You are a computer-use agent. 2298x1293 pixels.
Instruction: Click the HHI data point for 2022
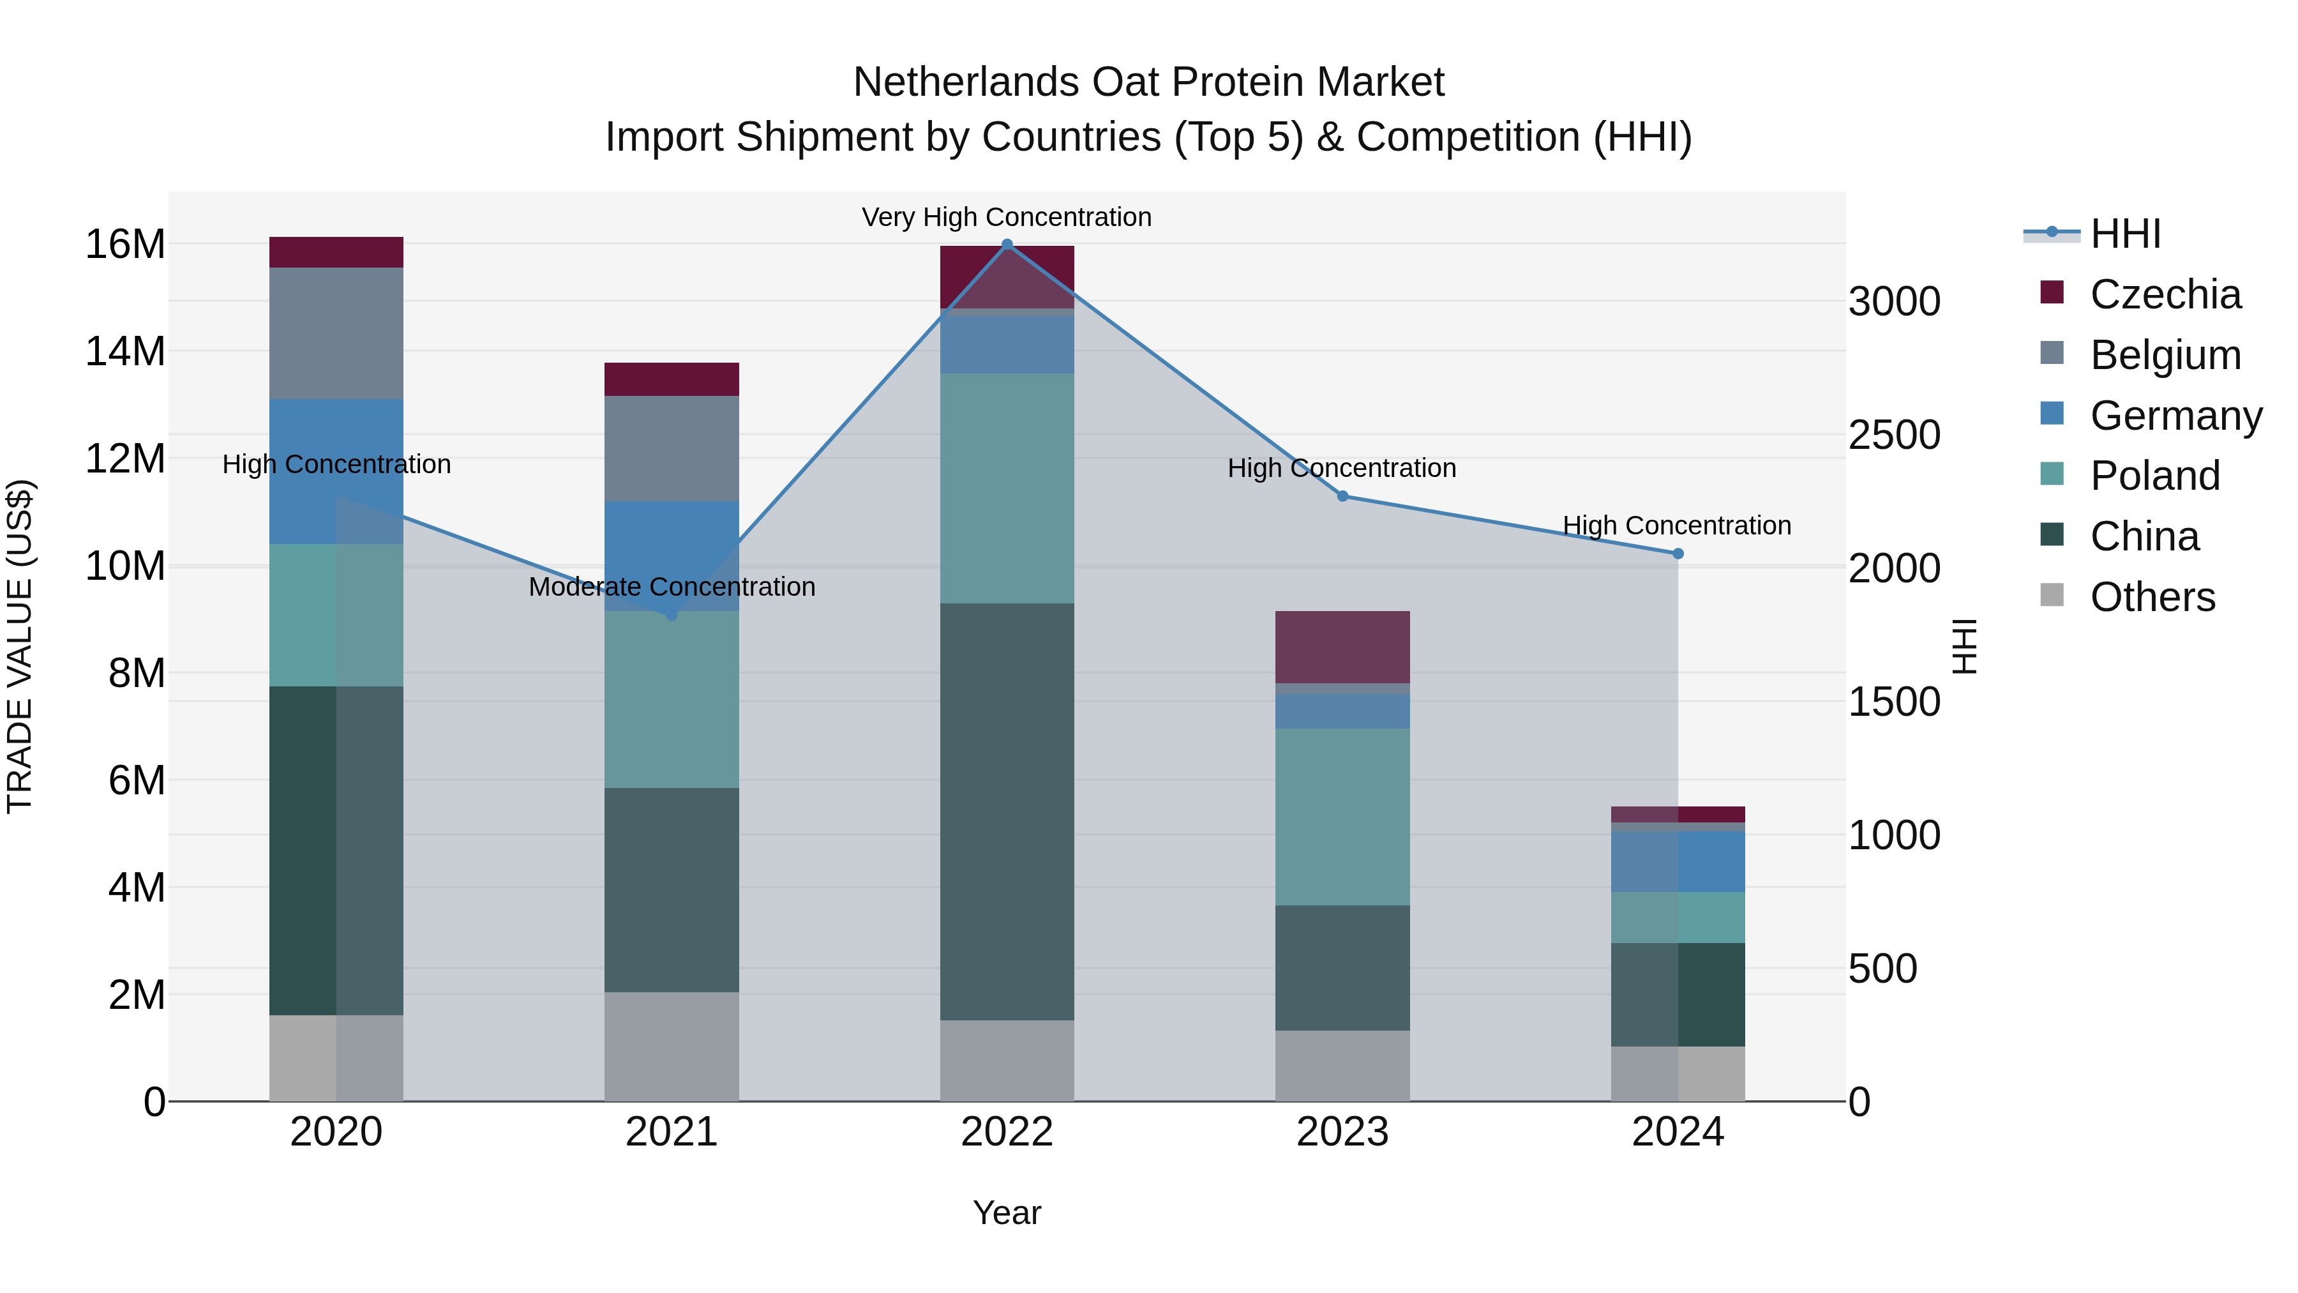click(1007, 245)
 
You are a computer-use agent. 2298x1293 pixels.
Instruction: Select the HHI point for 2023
click(1342, 496)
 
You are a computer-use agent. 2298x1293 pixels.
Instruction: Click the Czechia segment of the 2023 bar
click(1342, 647)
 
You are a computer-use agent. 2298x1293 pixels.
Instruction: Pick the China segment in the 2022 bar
click(1007, 812)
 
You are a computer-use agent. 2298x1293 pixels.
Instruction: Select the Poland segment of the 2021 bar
click(672, 700)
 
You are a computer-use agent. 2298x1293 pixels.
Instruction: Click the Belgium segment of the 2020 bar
click(336, 333)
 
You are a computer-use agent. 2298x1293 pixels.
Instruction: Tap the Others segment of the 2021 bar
click(672, 1046)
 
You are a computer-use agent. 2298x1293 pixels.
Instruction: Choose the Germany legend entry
click(2175, 416)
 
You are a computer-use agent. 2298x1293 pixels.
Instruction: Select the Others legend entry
click(2152, 597)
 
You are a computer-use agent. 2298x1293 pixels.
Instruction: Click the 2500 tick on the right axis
click(1894, 435)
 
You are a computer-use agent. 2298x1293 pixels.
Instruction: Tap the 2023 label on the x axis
click(1342, 1132)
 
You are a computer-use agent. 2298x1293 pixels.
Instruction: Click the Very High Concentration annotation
click(1006, 217)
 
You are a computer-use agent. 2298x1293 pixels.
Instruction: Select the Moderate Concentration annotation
click(672, 587)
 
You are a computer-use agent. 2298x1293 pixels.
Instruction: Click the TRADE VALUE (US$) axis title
click(20, 646)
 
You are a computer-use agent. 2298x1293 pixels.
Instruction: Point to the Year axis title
click(1006, 1213)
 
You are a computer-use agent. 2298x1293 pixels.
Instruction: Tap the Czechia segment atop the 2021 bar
click(672, 379)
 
